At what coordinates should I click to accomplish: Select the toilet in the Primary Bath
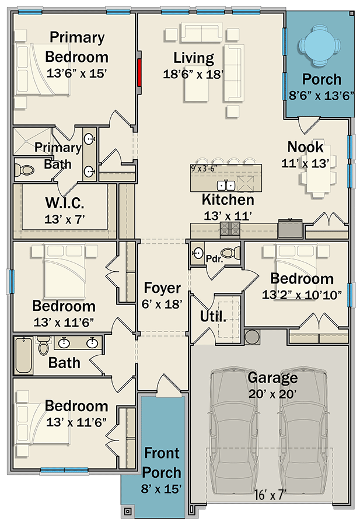pyautogui.click(x=25, y=170)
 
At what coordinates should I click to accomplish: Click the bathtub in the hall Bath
pyautogui.click(x=23, y=355)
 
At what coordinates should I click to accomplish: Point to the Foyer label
pyautogui.click(x=162, y=288)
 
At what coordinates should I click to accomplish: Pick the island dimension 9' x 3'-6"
pyautogui.click(x=204, y=169)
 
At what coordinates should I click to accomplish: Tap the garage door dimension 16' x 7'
pyautogui.click(x=270, y=495)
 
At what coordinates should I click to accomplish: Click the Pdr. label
pyautogui.click(x=214, y=259)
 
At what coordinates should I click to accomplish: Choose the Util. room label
pyautogui.click(x=213, y=316)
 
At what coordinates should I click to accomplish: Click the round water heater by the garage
pyautogui.click(x=251, y=337)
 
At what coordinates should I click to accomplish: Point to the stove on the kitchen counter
pyautogui.click(x=230, y=230)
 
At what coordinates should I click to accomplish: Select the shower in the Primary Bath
pyautogui.click(x=33, y=141)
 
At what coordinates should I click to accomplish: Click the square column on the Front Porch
pyautogui.click(x=128, y=511)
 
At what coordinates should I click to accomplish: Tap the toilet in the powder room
pyautogui.click(x=232, y=252)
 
